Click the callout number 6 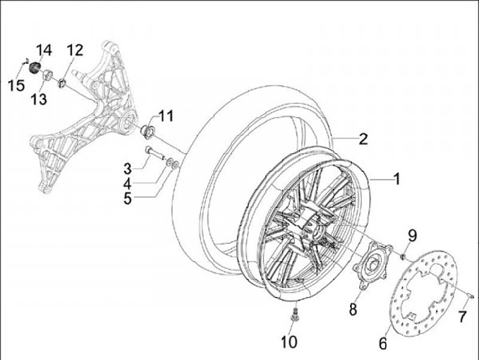(383, 343)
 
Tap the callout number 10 (288, 343)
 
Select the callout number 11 (165, 116)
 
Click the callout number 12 (75, 50)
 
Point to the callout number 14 (44, 50)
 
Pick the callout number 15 (15, 85)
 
